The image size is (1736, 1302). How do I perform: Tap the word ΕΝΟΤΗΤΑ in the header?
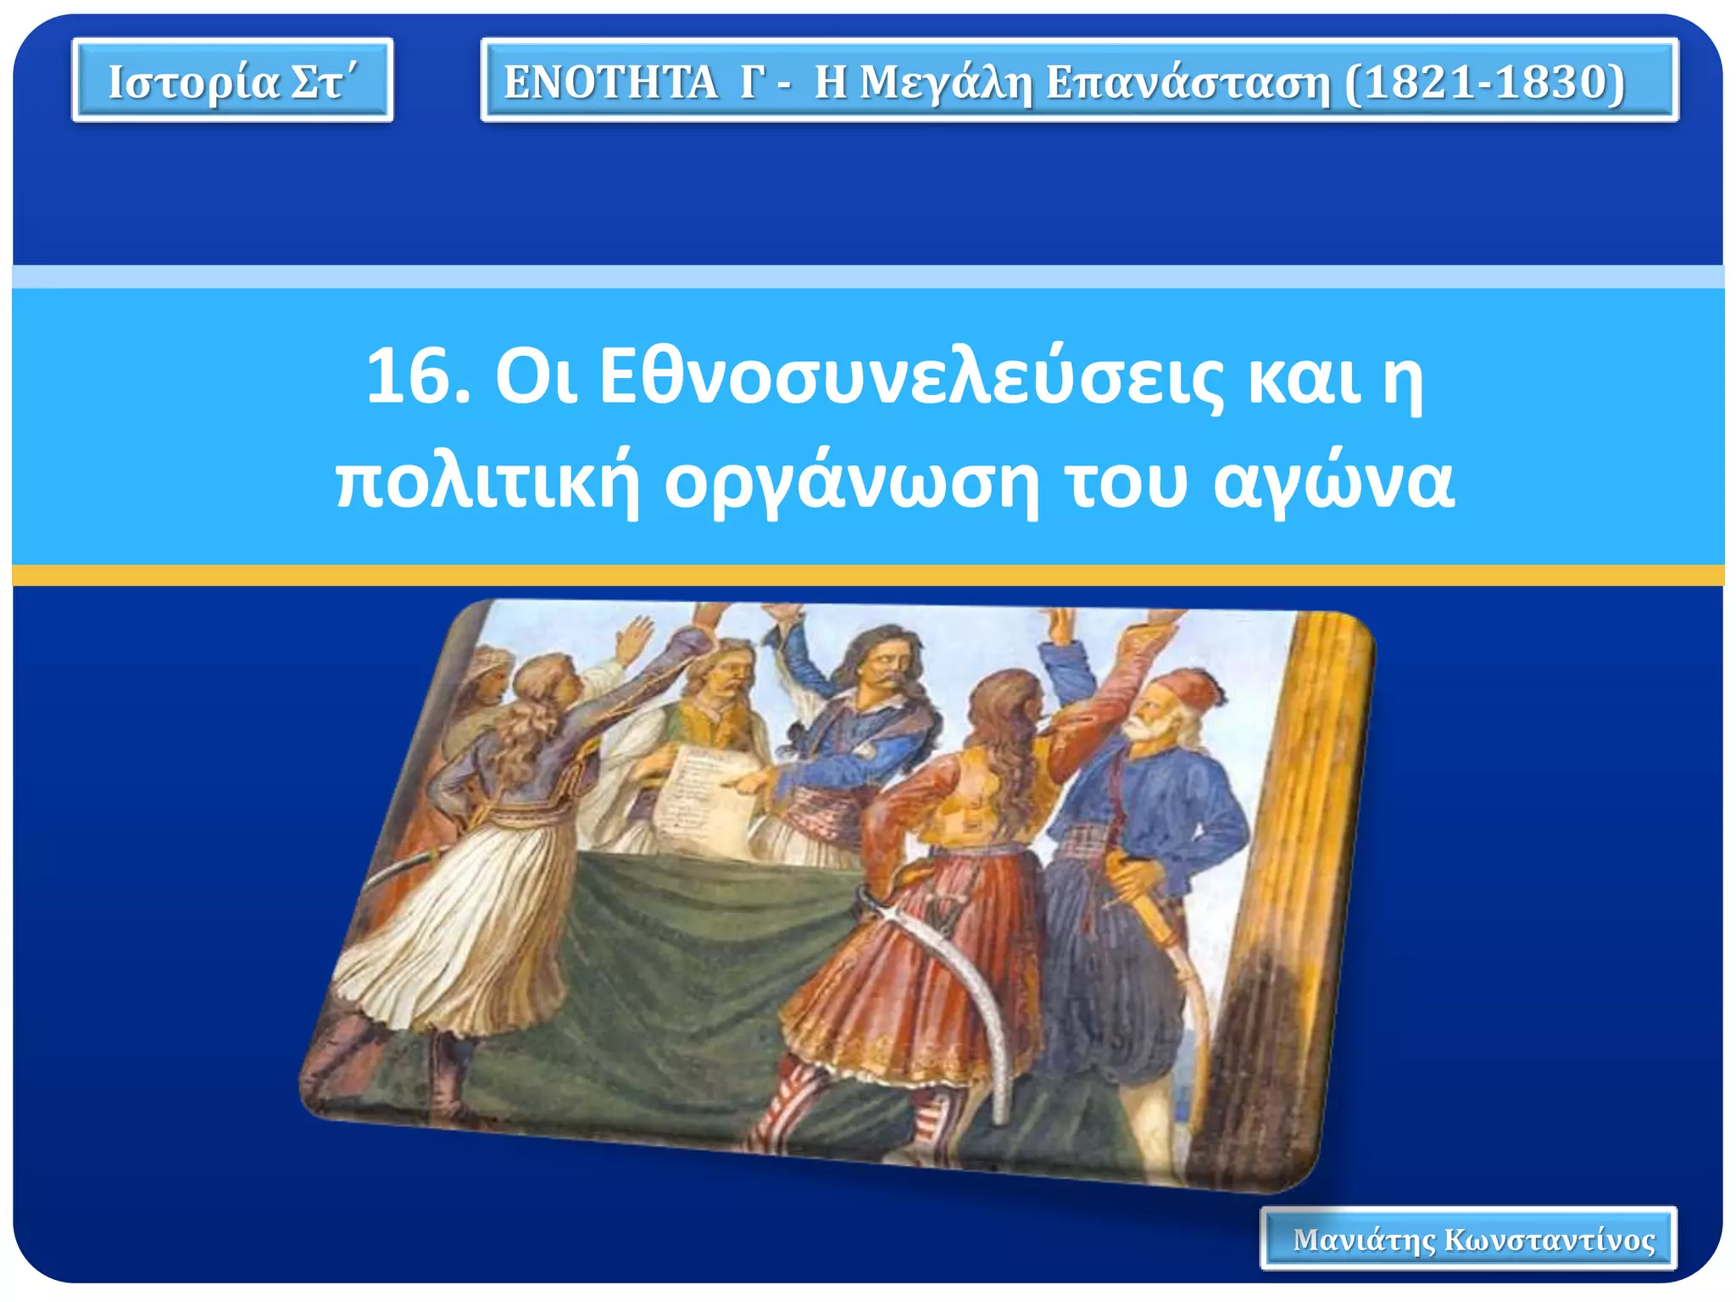tap(610, 82)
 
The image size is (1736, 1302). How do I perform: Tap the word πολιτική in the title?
tap(487, 483)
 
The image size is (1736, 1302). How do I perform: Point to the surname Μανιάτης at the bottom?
tap(1364, 1239)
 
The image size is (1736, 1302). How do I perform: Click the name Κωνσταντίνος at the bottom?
tap(1550, 1239)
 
